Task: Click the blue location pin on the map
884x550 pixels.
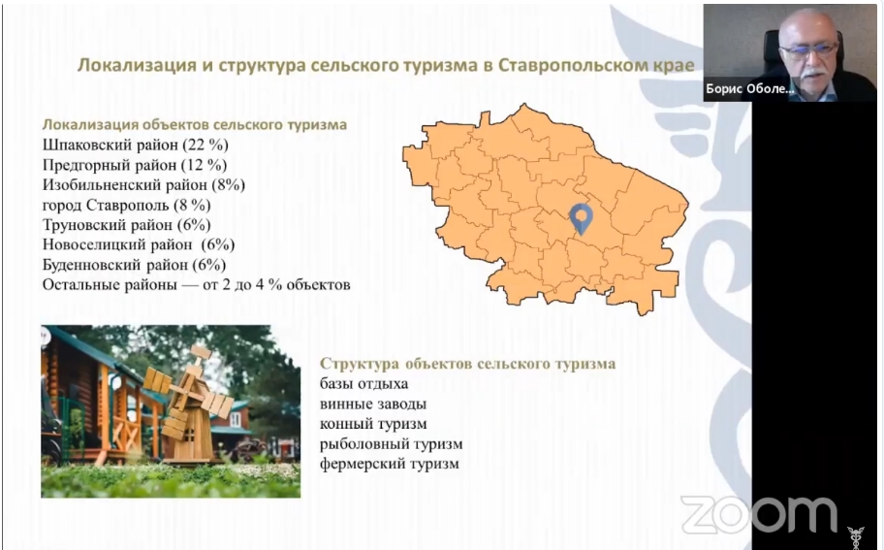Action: pos(582,217)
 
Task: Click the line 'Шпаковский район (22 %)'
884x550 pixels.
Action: pos(136,145)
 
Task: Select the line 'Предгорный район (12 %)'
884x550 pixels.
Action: pos(135,165)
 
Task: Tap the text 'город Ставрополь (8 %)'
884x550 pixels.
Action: pos(126,205)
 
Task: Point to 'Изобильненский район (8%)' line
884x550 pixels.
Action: pos(143,184)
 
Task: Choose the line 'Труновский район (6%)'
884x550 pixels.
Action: pos(126,224)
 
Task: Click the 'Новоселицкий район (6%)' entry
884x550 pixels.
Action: pos(139,244)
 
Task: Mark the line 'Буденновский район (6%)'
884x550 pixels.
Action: pos(134,265)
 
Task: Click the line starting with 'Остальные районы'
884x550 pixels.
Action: pos(196,284)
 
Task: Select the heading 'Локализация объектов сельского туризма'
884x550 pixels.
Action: pos(195,124)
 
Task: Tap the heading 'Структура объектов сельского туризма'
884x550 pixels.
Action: pos(467,364)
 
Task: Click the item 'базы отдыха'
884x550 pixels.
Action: pos(363,384)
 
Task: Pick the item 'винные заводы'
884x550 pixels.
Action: pos(372,404)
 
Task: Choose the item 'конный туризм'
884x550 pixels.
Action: pos(373,424)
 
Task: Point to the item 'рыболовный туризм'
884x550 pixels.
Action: pos(392,444)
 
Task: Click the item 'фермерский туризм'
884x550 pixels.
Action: pos(389,464)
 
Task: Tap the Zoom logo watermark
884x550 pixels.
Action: pos(758,514)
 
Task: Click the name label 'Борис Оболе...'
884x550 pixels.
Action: pos(750,89)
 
